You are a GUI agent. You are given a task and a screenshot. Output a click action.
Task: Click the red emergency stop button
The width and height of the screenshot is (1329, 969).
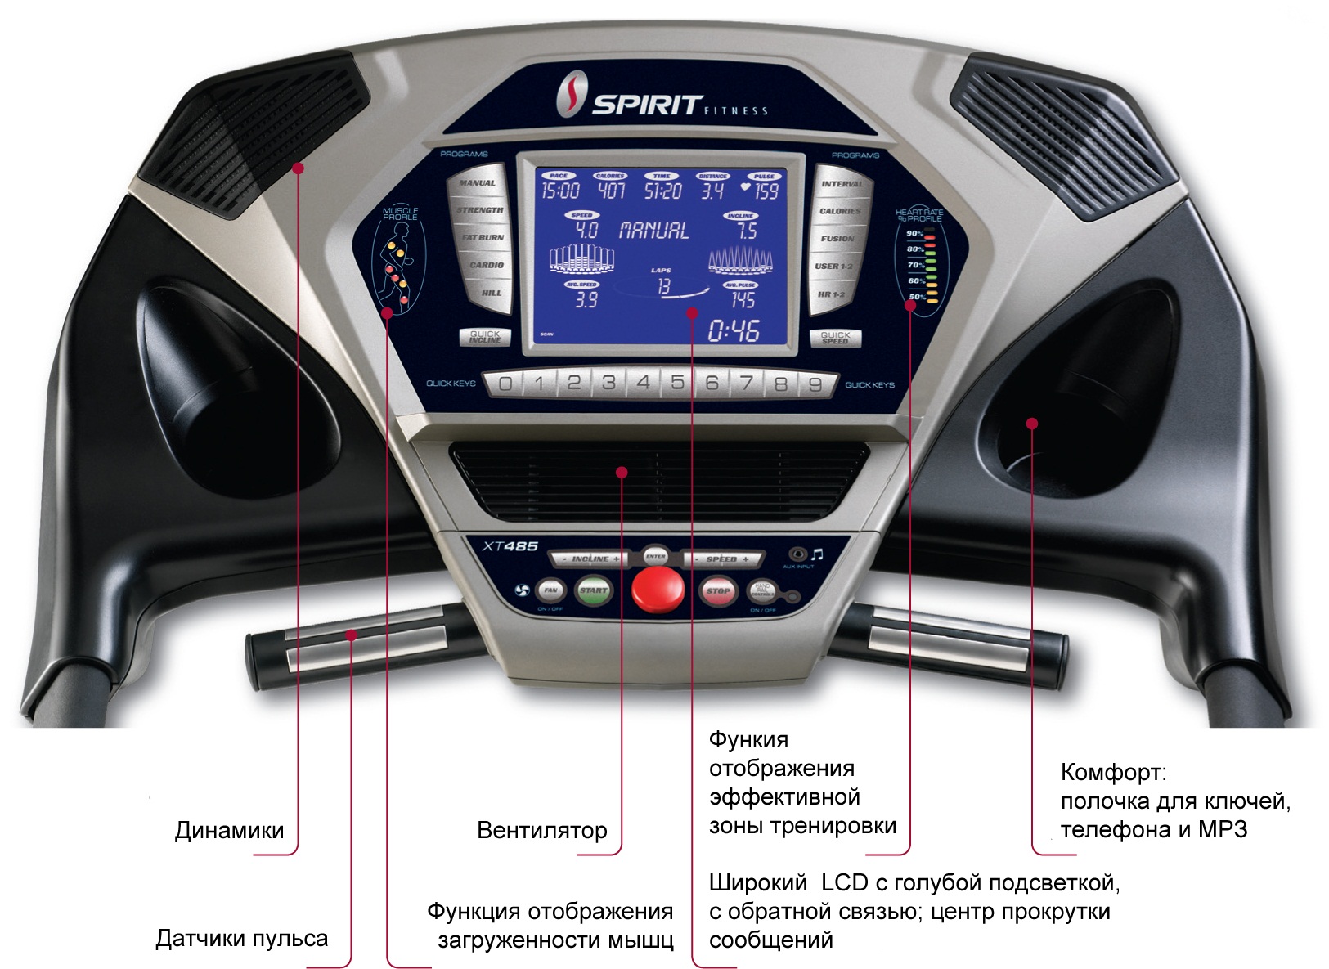coord(658,590)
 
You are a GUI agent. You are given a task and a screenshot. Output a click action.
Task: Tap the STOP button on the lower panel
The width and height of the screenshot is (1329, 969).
coord(717,590)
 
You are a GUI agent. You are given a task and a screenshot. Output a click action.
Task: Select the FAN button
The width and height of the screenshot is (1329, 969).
coord(550,590)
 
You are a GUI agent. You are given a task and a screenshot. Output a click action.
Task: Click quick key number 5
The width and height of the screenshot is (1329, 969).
coord(677,383)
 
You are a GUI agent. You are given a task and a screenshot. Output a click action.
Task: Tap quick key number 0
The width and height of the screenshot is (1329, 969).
coord(505,384)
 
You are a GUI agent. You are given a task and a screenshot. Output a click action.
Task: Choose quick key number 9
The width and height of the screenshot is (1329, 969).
coord(815,384)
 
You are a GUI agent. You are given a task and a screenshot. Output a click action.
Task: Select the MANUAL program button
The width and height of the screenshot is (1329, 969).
coord(477,183)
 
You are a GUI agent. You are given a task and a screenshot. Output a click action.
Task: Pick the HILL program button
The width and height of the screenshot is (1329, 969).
coord(491,293)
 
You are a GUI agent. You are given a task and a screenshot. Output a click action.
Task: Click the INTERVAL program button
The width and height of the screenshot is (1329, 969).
coord(842,184)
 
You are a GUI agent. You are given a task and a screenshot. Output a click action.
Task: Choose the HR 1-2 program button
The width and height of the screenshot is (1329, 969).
coord(831,294)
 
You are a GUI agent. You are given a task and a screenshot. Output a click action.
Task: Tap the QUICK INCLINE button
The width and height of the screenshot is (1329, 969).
coord(485,336)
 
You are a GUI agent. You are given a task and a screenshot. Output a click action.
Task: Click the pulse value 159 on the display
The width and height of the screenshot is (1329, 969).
coord(766,191)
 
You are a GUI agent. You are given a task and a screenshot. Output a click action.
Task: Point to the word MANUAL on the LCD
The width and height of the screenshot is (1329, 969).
coord(653,231)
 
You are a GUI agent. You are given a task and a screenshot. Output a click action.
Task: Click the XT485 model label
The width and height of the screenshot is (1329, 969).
coord(510,546)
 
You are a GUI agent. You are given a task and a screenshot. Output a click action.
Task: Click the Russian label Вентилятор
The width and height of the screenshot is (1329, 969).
coord(541,831)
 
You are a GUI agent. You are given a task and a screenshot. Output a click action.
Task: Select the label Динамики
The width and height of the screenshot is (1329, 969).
coord(229,831)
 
